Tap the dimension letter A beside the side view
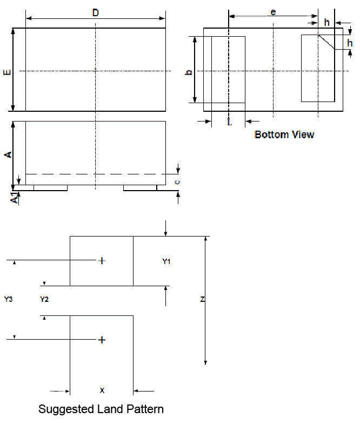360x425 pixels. [8, 154]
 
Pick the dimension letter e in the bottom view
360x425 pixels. [273, 11]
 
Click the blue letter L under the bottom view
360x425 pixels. [229, 122]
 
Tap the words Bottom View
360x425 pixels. [284, 134]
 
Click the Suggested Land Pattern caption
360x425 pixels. [101, 409]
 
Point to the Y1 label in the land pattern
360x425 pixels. [166, 261]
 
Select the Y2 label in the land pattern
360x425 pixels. [44, 299]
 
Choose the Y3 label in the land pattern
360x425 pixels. [8, 299]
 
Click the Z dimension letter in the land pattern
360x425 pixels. [202, 299]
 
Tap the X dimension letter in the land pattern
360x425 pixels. [102, 389]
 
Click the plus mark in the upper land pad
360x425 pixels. [102, 261]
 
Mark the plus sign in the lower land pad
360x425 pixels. [102, 340]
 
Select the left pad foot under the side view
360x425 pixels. [50, 188]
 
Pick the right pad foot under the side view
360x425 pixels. [140, 188]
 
